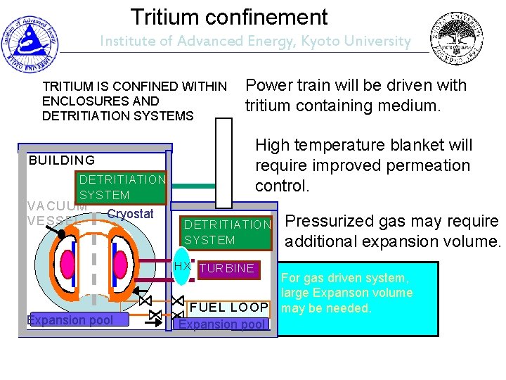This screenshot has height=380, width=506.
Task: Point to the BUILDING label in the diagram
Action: point(62,160)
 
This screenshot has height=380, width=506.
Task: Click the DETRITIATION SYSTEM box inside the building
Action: point(122,187)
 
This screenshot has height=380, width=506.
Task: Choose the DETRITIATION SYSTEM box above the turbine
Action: point(226,232)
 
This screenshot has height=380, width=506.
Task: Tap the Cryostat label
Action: point(131,214)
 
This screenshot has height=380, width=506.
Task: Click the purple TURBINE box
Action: point(227,268)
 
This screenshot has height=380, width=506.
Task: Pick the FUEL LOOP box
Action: point(229,308)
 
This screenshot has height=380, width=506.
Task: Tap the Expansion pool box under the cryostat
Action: point(70,321)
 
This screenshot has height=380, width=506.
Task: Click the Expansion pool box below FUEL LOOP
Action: point(222,324)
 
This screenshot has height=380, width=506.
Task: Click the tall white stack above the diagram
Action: point(223,162)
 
